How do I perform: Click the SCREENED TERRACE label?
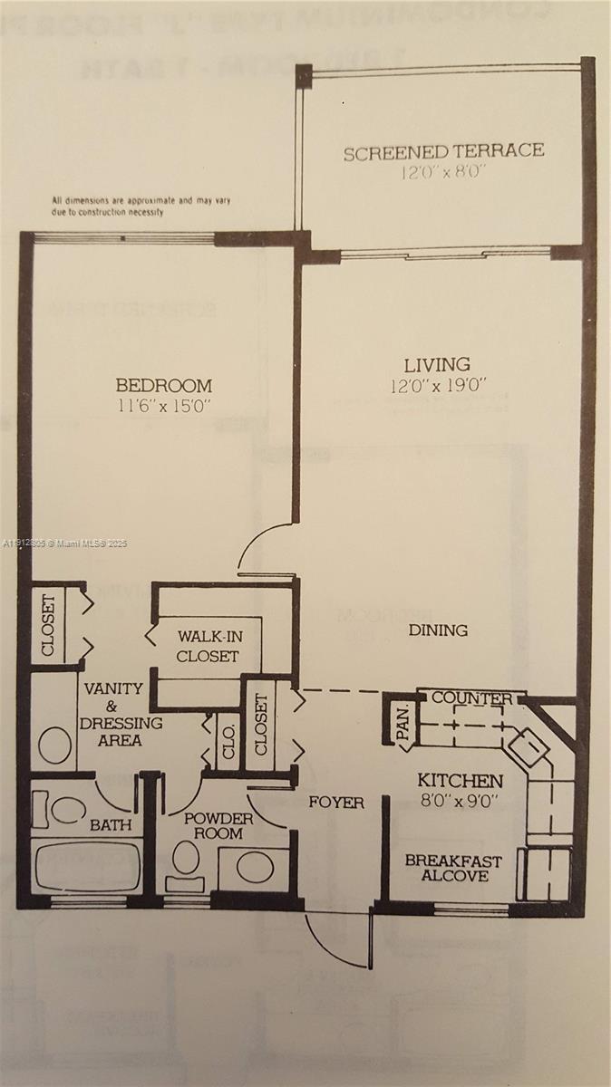[x=443, y=151]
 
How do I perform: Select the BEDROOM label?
[x=164, y=385]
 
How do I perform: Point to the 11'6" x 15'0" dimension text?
[x=164, y=406]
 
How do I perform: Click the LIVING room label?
[x=437, y=365]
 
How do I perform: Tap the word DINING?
[x=438, y=630]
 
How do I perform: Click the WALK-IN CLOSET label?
[x=208, y=646]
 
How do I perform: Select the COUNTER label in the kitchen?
[x=464, y=698]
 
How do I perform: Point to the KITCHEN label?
[x=460, y=781]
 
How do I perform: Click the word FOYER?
[x=335, y=803]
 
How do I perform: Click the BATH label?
[x=110, y=825]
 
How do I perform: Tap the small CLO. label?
[x=225, y=742]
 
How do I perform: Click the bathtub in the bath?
[x=87, y=867]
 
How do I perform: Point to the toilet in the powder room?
[x=187, y=856]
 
